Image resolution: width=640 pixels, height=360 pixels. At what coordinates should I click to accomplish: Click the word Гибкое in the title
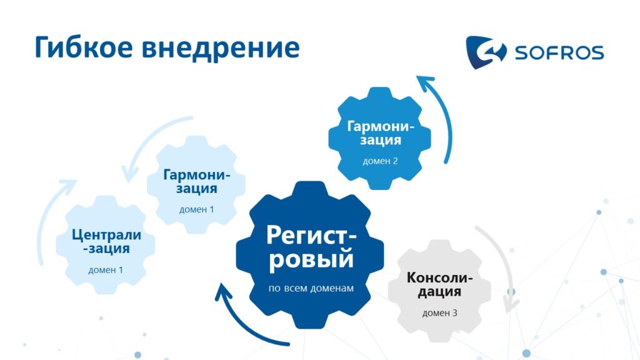tap(84, 47)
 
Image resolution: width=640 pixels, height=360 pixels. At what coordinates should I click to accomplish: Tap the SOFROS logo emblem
tap(486, 52)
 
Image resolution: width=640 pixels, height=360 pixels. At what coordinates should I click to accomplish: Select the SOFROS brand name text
tap(559, 52)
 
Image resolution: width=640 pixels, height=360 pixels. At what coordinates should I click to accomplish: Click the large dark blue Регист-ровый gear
tap(310, 255)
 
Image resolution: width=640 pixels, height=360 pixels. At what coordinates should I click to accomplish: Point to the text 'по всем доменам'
tap(311, 288)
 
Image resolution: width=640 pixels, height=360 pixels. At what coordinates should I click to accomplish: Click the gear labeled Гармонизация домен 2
tap(380, 138)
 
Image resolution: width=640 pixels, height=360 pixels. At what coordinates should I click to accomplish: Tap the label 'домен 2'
tap(380, 161)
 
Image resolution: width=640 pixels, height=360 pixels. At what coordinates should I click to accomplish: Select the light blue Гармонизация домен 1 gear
tap(196, 185)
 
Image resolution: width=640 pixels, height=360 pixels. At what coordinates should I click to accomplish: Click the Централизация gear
tap(106, 245)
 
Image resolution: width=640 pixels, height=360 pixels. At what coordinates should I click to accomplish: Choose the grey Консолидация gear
tap(439, 291)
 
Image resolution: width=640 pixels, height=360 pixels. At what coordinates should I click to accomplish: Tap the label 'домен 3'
tap(439, 313)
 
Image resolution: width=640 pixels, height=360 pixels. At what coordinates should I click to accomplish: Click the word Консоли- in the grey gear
tap(439, 277)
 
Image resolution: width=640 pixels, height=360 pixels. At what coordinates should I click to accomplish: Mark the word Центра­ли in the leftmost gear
tap(106, 235)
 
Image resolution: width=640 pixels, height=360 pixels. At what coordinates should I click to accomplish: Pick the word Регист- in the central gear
tap(311, 235)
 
